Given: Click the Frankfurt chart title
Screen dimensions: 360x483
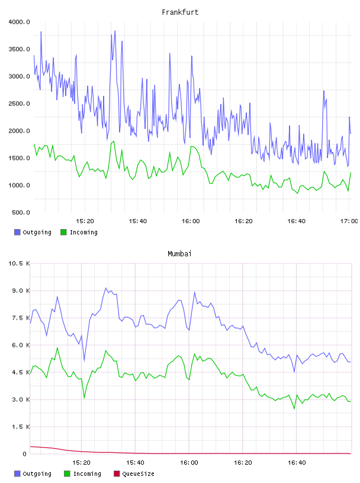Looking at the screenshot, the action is tap(180, 12).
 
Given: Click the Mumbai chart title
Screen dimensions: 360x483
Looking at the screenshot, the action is tap(179, 253).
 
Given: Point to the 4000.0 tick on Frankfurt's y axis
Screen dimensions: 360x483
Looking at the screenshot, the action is tap(19, 22).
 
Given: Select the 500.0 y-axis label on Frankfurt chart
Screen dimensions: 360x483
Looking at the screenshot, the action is tap(21, 212).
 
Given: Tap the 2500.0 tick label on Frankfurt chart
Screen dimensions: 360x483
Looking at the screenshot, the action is tap(19, 104).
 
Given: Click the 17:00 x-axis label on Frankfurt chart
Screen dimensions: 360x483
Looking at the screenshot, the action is tap(349, 221).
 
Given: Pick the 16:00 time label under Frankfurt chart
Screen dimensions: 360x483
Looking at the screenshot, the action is tap(191, 221).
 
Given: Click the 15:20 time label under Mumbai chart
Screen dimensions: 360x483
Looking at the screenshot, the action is tap(81, 462).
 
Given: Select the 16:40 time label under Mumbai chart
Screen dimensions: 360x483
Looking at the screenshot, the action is tap(297, 462).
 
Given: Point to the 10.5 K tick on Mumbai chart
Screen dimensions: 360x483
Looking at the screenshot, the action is tap(19, 263).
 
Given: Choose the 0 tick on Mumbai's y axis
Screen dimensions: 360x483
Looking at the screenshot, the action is tap(25, 454).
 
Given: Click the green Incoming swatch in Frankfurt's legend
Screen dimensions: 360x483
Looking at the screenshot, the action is tap(63, 232).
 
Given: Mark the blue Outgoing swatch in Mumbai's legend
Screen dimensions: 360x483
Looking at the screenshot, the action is tap(17, 474).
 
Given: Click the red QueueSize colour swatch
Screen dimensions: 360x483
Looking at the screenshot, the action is tap(117, 474).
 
